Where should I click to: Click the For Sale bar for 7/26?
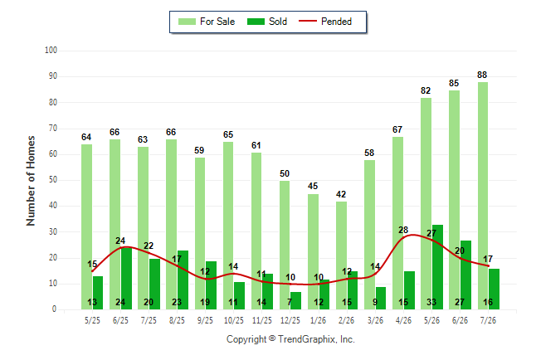[483, 196]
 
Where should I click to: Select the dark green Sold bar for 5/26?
[437, 267]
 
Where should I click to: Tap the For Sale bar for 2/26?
[341, 255]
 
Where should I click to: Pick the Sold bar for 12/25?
[295, 300]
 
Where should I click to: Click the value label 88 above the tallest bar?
[482, 75]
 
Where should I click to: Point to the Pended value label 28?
[403, 230]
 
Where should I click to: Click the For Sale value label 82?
[426, 90]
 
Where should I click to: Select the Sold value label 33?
[431, 302]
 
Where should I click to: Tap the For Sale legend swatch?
[187, 22]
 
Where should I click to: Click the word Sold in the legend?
[278, 22]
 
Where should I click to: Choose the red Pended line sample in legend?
[308, 22]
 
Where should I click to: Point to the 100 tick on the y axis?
[51, 51]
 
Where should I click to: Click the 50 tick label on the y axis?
[52, 180]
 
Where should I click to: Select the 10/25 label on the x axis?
[234, 320]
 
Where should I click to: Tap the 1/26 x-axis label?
[319, 320]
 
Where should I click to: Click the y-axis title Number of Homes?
[31, 181]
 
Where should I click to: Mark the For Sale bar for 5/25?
[86, 226]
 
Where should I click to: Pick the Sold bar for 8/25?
[183, 280]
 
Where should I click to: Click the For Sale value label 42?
[341, 194]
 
